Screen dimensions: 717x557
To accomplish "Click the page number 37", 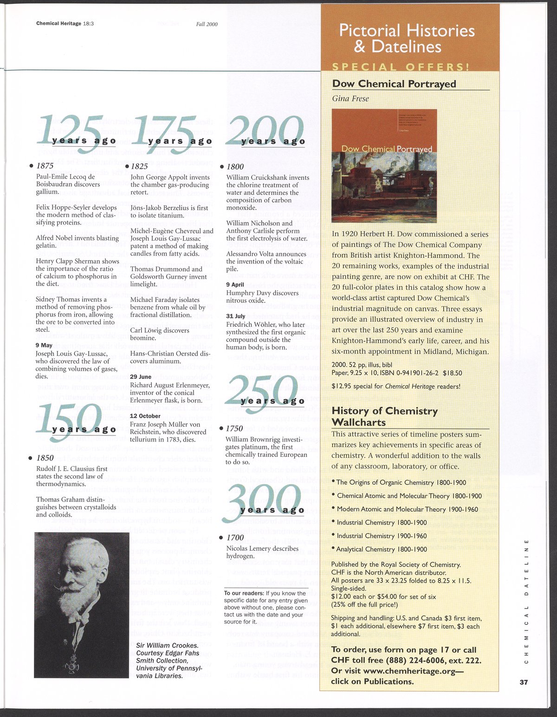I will click(x=524, y=682).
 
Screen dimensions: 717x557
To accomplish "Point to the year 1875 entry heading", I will click(x=45, y=165).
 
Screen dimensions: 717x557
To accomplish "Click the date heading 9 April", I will click(x=235, y=284).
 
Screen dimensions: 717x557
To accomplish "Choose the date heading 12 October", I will click(x=145, y=416).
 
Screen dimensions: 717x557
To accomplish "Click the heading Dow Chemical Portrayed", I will click(x=394, y=84).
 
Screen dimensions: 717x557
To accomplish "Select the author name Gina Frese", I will click(x=350, y=99).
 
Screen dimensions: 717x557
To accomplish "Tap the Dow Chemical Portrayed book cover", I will click(x=384, y=166).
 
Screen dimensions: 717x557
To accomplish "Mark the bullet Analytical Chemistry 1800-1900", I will click(x=382, y=549).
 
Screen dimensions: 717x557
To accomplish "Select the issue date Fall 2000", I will click(x=207, y=24).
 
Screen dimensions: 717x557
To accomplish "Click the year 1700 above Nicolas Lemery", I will click(x=235, y=537).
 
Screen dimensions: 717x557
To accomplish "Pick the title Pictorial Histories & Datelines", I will click(x=407, y=38).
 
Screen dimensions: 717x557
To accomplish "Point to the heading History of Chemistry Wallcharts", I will click(x=385, y=416).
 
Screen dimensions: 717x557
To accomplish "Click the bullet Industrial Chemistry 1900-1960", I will click(x=382, y=536).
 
